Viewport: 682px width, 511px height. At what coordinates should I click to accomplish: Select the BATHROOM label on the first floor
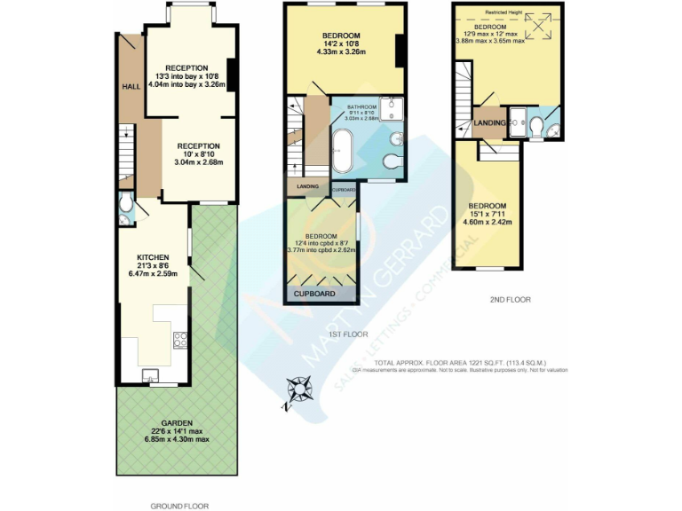(x=361, y=107)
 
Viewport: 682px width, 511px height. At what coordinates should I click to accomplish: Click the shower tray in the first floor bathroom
(x=392, y=108)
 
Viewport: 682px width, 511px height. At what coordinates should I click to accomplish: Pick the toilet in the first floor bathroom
(x=392, y=161)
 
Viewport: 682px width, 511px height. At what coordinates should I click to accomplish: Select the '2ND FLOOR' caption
(x=510, y=300)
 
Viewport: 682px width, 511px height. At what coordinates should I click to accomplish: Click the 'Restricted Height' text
(x=503, y=12)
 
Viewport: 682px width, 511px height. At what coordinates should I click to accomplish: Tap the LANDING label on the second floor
(x=490, y=122)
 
